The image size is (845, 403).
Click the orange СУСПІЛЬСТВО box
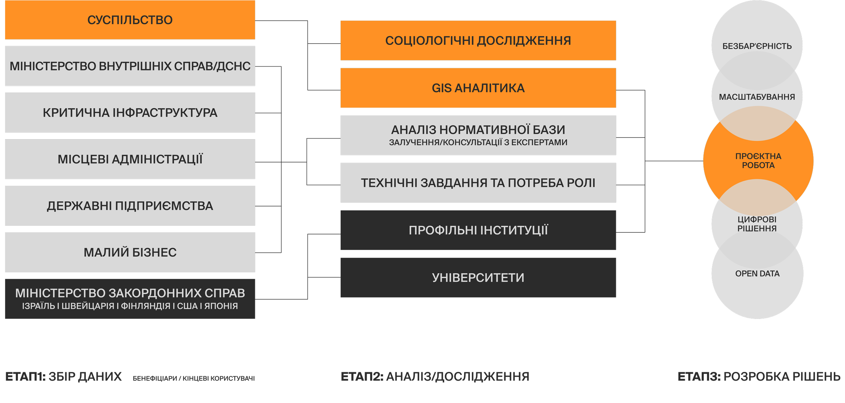pyautogui.click(x=130, y=20)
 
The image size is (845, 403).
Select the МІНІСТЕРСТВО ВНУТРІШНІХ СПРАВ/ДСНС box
pyautogui.click(x=130, y=66)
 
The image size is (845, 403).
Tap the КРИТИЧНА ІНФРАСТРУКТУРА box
pyautogui.click(x=130, y=112)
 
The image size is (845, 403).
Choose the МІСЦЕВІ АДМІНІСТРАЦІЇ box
pyautogui.click(x=130, y=159)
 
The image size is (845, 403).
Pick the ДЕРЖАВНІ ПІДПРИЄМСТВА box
pyautogui.click(x=130, y=206)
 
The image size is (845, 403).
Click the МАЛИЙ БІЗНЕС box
pyautogui.click(x=130, y=252)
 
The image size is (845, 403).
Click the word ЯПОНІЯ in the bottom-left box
pyautogui.click(x=221, y=306)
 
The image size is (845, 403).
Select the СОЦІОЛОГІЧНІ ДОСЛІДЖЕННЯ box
pyautogui.click(x=478, y=41)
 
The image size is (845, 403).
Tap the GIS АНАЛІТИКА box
pyautogui.click(x=478, y=88)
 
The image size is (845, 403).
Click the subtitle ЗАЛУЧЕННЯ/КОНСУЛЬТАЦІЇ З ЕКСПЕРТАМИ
pyautogui.click(x=478, y=143)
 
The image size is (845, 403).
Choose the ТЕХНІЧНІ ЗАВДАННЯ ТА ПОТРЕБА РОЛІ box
pyautogui.click(x=478, y=183)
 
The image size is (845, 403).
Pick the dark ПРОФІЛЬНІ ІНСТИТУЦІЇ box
pyautogui.click(x=478, y=230)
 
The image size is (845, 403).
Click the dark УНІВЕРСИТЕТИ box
pyautogui.click(x=478, y=278)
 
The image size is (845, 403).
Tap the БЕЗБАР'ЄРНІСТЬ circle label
pyautogui.click(x=757, y=46)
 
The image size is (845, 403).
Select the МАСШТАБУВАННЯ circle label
pyautogui.click(x=757, y=97)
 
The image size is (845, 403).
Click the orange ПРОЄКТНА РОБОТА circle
pyautogui.click(x=758, y=161)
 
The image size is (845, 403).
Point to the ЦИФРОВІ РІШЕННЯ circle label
pyautogui.click(x=757, y=224)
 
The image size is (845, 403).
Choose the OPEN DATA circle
pyautogui.click(x=757, y=274)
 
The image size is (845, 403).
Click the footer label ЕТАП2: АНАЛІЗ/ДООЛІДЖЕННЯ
pyautogui.click(x=435, y=377)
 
